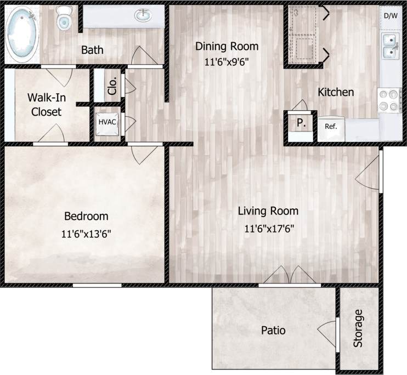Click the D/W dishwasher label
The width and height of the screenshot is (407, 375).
click(x=390, y=15)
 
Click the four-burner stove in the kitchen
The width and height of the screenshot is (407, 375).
click(x=389, y=100)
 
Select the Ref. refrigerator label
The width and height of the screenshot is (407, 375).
click(x=330, y=126)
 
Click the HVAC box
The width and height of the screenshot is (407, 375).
click(x=106, y=122)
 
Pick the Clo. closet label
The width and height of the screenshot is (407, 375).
click(x=112, y=86)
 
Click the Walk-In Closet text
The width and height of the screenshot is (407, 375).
click(x=45, y=104)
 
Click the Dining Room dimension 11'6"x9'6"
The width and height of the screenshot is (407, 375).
click(x=227, y=62)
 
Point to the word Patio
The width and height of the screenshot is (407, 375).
click(x=273, y=331)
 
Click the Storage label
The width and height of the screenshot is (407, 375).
click(x=358, y=328)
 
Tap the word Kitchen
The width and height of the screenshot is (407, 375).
click(x=336, y=92)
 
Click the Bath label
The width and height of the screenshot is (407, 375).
click(x=92, y=50)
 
